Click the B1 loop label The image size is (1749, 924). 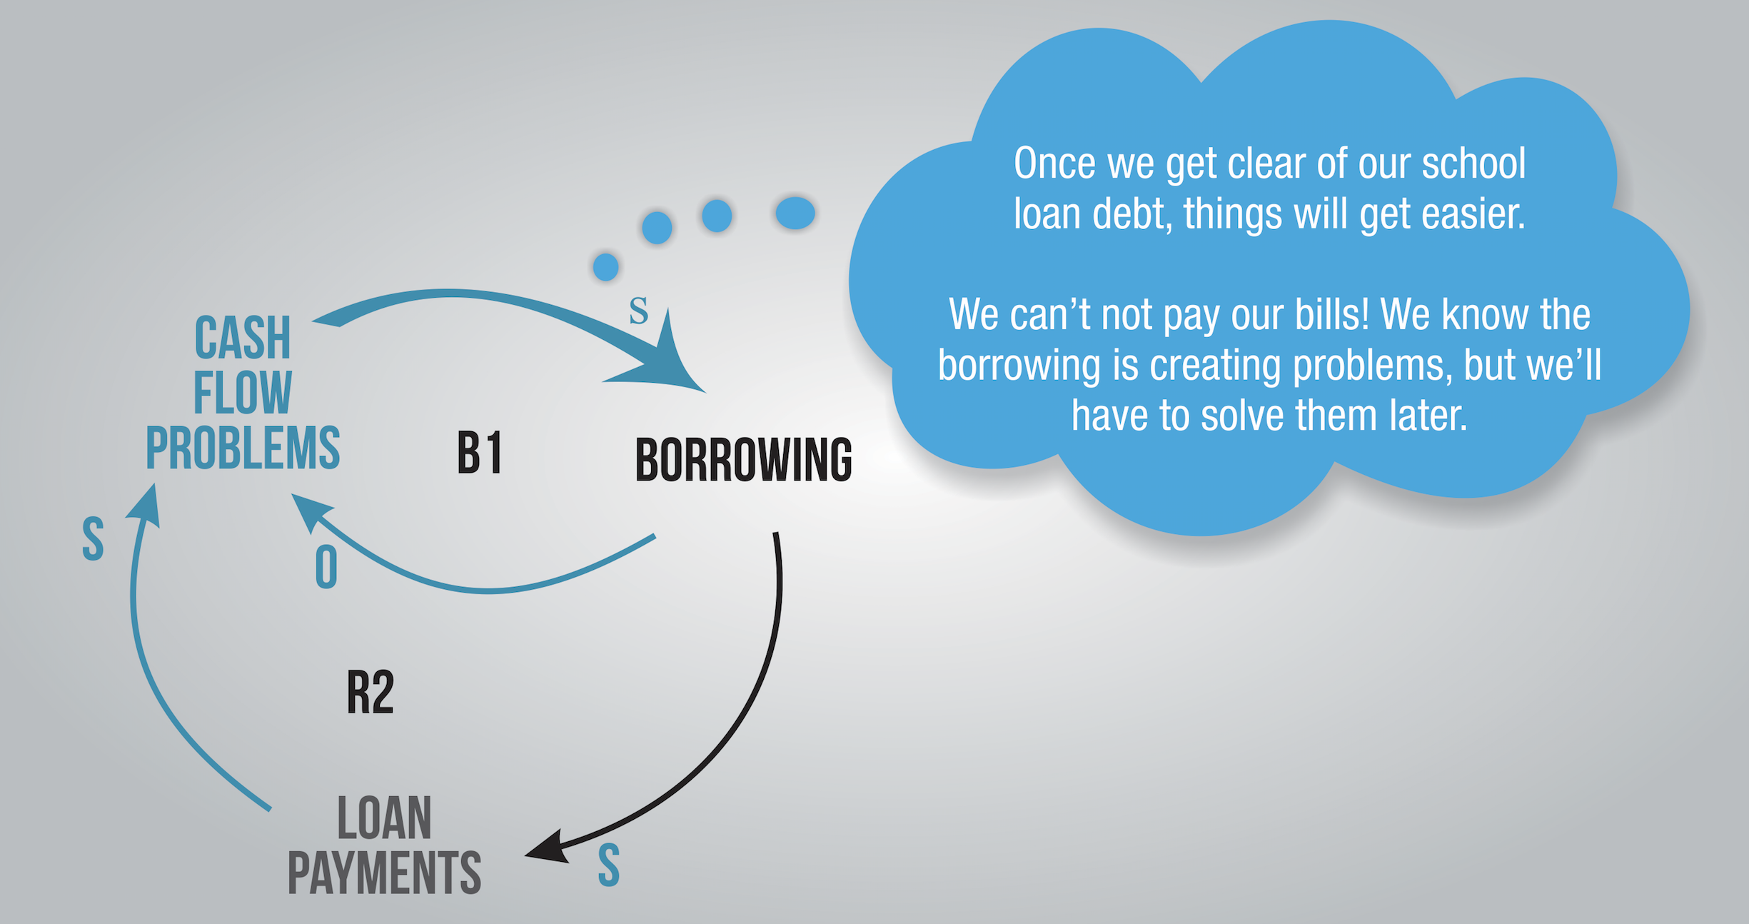pos(480,453)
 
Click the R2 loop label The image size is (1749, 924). pos(370,692)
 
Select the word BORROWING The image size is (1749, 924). pos(743,460)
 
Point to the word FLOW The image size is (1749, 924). pos(243,392)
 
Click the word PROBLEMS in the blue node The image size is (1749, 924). pos(243,448)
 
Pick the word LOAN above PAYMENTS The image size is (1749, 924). pos(384,818)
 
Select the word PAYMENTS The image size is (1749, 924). pos(384,873)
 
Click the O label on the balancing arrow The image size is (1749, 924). pos(326,568)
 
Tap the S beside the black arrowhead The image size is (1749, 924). pos(608,865)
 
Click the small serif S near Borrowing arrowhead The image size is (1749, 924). pos(638,311)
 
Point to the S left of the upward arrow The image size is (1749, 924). pos(93,538)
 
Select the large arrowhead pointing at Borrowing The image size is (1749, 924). pos(660,357)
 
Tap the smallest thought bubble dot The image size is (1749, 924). pos(605,267)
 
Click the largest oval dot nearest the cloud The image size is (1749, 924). pos(795,213)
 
